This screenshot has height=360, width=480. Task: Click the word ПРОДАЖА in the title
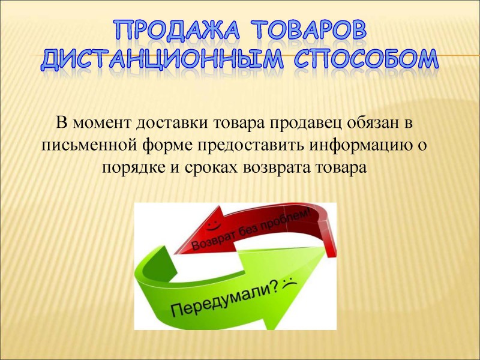177,30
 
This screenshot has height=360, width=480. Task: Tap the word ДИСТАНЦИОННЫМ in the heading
162,59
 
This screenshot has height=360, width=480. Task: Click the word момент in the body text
101,124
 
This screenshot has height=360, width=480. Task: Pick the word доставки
172,124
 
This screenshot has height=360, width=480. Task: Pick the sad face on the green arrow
289,283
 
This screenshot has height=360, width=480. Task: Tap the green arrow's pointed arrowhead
323,251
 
